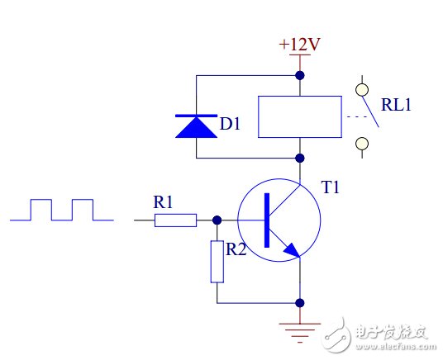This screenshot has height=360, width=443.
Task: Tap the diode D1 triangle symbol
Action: click(x=195, y=125)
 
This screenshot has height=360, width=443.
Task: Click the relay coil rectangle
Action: click(x=299, y=116)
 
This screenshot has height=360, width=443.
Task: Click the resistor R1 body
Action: click(x=175, y=220)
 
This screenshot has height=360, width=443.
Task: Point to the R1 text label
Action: click(x=164, y=201)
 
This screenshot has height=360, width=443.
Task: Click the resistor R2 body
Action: click(x=217, y=260)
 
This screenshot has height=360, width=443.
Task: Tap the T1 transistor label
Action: click(x=331, y=187)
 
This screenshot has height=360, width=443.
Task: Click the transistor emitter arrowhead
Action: click(x=289, y=249)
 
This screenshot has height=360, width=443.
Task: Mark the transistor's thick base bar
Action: click(x=267, y=220)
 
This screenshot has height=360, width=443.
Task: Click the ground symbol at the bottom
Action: click(x=299, y=331)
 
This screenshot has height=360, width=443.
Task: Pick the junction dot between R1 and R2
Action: click(x=217, y=220)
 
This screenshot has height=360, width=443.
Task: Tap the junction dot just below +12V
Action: click(x=299, y=75)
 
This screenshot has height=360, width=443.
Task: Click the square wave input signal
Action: click(x=62, y=210)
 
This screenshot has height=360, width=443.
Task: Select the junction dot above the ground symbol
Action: click(x=299, y=303)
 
